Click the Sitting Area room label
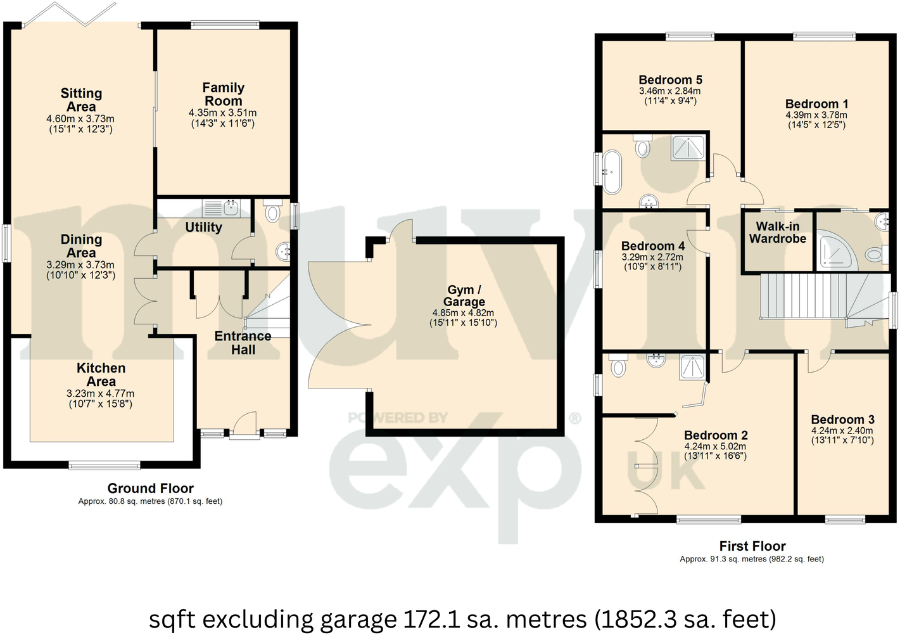[81, 100]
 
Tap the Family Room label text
[223, 94]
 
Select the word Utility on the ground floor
[203, 227]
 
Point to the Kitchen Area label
[101, 375]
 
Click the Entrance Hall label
[243, 343]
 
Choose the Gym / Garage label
[464, 296]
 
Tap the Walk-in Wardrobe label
[778, 233]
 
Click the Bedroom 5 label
[670, 80]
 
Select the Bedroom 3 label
[842, 420]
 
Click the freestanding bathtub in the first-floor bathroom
[612, 171]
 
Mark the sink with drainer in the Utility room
[222, 207]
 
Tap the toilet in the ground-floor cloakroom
[273, 212]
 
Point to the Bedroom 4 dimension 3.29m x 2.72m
[652, 257]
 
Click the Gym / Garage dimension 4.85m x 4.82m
[463, 313]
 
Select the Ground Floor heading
[150, 488]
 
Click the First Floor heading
[752, 546]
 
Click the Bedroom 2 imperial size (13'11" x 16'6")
[715, 456]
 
